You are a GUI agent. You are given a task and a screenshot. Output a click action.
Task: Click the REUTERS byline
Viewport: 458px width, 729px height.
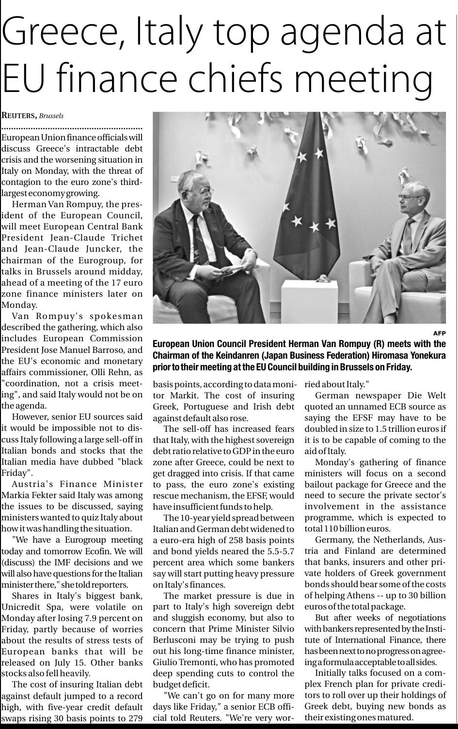[19, 116]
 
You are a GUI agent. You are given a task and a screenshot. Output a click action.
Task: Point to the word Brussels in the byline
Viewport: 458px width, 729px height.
[51, 116]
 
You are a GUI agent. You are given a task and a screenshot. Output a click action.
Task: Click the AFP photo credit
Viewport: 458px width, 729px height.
[439, 333]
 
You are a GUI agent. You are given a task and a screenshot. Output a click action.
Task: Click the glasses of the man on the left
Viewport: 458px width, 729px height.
[204, 192]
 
